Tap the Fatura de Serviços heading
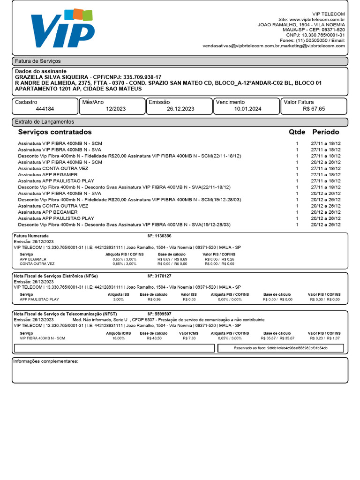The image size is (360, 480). click(38, 61)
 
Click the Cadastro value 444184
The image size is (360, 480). click(45, 109)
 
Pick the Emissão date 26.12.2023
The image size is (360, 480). click(180, 109)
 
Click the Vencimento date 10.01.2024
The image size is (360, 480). click(247, 109)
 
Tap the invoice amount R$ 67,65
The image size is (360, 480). click(314, 109)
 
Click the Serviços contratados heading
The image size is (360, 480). click(55, 132)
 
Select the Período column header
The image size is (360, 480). click(326, 132)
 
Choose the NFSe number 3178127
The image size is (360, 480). click(163, 276)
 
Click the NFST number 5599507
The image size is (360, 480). click(163, 314)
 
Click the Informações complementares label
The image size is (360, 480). click(45, 361)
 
